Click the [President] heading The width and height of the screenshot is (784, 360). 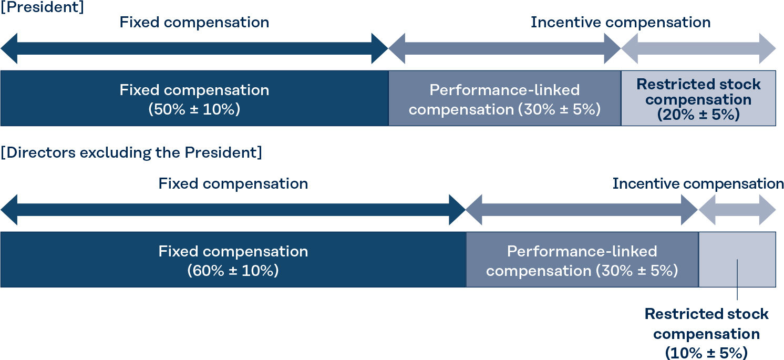(43, 7)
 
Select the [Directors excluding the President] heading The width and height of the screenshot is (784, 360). (131, 153)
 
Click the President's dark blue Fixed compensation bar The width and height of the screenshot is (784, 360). (194, 98)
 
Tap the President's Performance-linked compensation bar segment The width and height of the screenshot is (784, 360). (504, 98)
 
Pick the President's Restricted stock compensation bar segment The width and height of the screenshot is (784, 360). (698, 98)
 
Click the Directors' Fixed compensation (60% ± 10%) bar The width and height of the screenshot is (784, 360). (233, 260)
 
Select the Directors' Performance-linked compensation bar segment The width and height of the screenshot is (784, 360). (582, 260)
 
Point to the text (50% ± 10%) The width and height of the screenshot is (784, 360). (194, 109)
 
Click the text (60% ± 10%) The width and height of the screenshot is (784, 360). (233, 271)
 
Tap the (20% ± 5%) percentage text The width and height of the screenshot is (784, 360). (698, 115)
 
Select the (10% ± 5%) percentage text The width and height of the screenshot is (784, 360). (706, 352)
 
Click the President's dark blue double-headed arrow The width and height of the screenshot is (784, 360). (194, 48)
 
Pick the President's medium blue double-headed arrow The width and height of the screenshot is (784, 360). (504, 48)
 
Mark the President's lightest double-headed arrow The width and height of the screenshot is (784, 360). (698, 48)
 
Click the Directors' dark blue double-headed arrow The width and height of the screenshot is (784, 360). (233, 210)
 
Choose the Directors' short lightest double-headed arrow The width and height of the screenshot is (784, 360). (737, 210)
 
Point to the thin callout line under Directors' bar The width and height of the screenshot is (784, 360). (737, 280)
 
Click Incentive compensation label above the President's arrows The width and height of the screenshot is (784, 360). (621, 23)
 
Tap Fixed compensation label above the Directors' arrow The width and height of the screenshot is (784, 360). (233, 183)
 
